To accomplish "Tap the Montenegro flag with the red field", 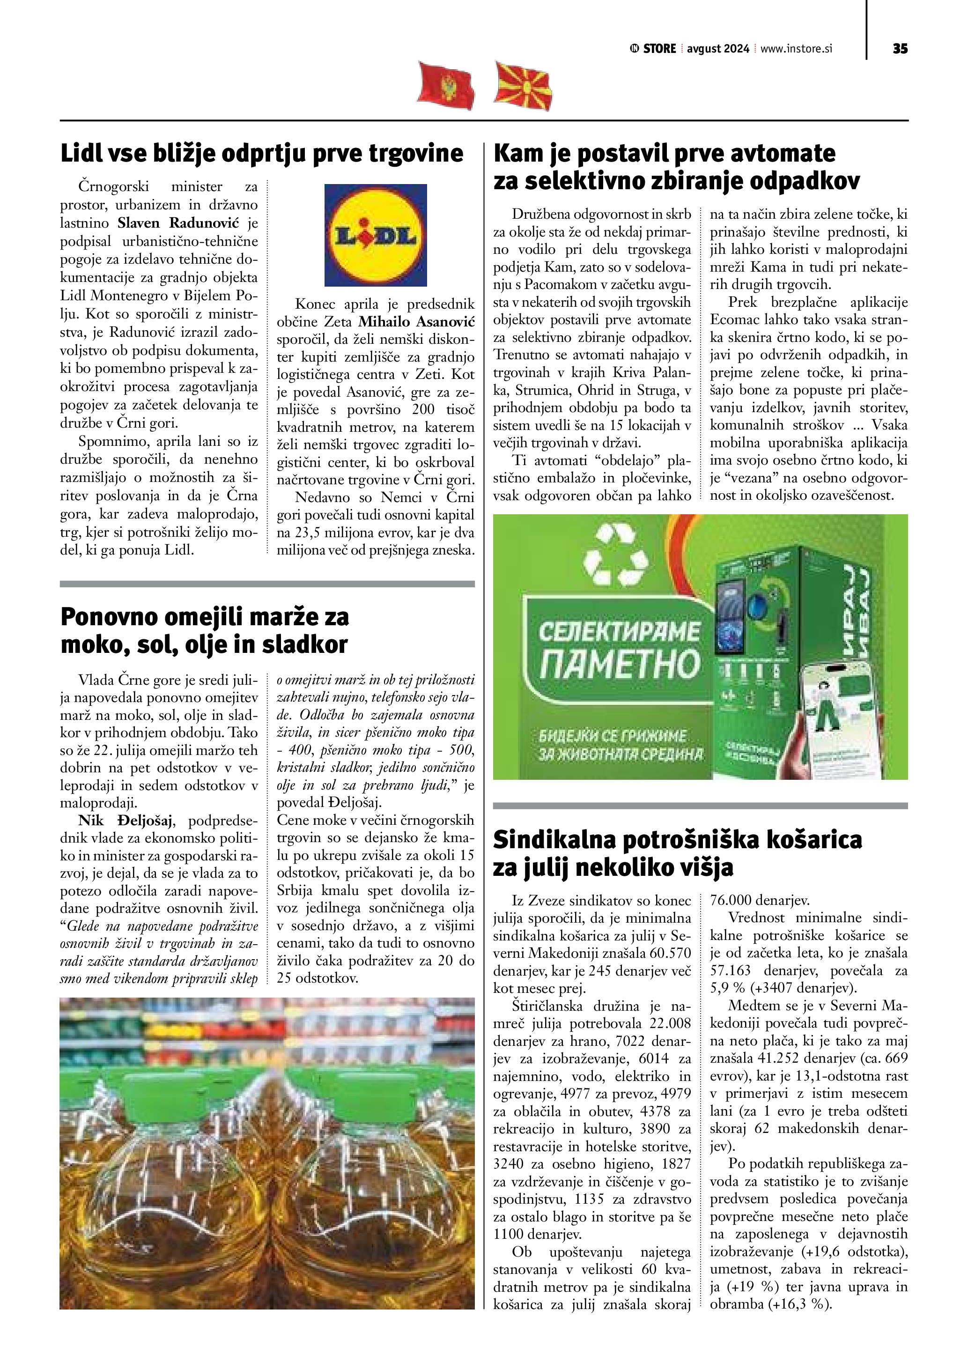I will [445, 85].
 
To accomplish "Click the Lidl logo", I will [376, 235].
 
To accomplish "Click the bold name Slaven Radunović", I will [178, 223].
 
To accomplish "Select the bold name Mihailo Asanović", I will [417, 322].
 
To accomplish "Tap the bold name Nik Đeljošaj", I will [125, 821].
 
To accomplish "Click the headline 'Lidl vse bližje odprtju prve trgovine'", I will [262, 154].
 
